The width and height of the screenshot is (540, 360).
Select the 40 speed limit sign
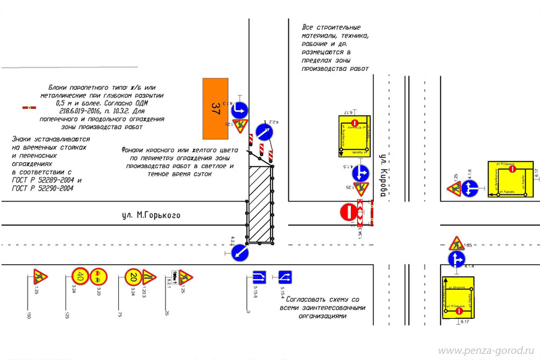pos(80,276)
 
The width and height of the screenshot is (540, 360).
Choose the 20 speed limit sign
pos(133,276)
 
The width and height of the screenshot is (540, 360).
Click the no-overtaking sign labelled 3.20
pos(98,276)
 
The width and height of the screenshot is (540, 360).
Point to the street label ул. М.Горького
pos(151,215)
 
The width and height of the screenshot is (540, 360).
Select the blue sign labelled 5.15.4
pos(285,277)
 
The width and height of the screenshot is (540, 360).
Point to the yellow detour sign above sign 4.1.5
pos(354,135)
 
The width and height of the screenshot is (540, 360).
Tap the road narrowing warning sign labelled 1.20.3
pos(150,277)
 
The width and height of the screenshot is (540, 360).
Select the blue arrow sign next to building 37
pos(240,109)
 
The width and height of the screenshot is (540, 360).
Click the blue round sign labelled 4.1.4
pos(457,258)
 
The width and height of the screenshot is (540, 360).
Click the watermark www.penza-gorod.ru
pos(486,351)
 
